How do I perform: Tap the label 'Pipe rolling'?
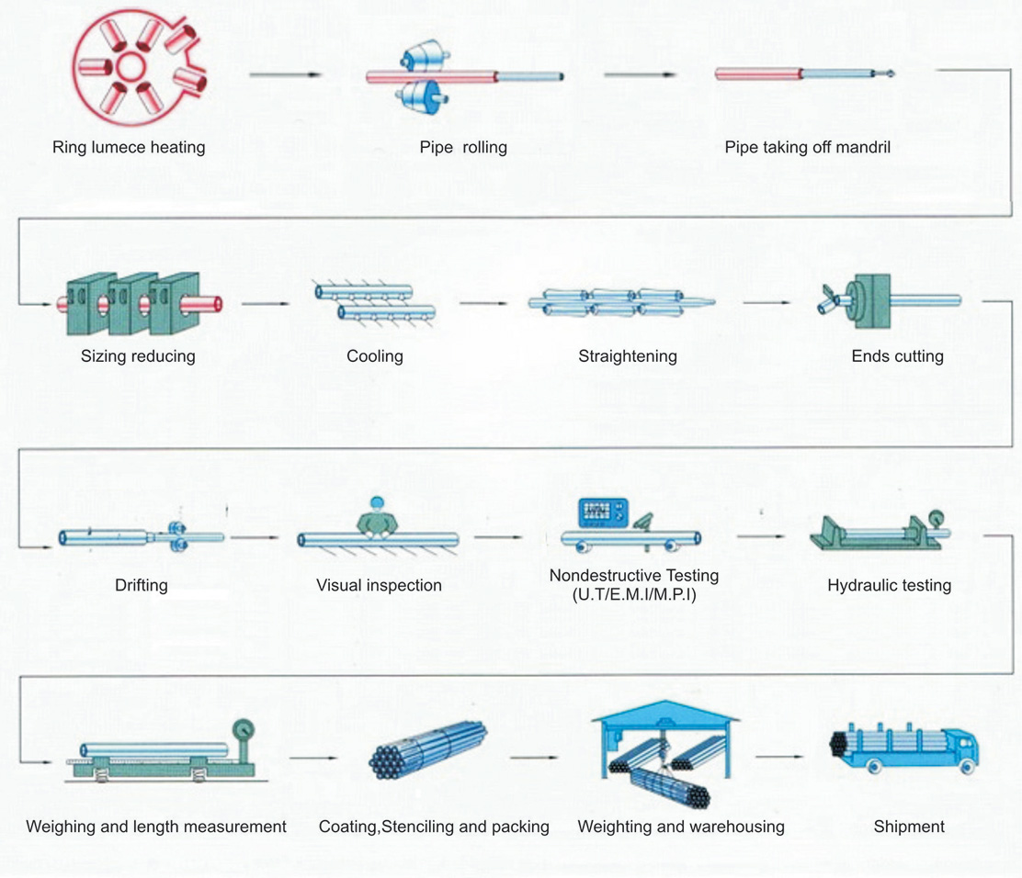pyautogui.click(x=463, y=147)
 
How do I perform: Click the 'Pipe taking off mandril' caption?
pyautogui.click(x=807, y=147)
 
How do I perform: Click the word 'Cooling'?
pyautogui.click(x=375, y=355)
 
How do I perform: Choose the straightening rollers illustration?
pyautogui.click(x=616, y=303)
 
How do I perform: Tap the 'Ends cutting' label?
pyautogui.click(x=897, y=355)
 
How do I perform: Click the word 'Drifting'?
pyautogui.click(x=142, y=584)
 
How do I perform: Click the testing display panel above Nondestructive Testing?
pyautogui.click(x=602, y=513)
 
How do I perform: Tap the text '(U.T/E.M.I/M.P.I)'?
pyautogui.click(x=633, y=595)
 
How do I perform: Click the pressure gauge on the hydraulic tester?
pyautogui.click(x=937, y=519)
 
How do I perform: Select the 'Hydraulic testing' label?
pyautogui.click(x=889, y=584)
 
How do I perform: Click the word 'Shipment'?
pyautogui.click(x=909, y=827)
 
